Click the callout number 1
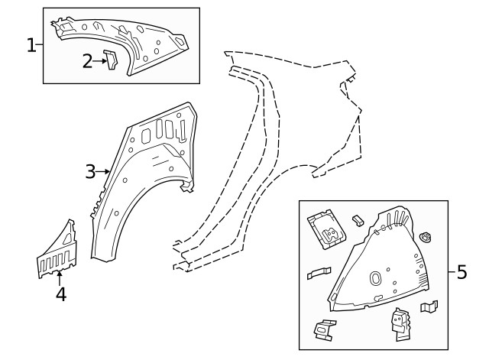click(31, 45)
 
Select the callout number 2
click(87, 61)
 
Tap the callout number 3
click(90, 171)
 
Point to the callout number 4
click(61, 294)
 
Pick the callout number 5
click(461, 272)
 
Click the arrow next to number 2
click(100, 61)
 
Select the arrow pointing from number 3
click(102, 171)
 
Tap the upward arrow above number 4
click(60, 278)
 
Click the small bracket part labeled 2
click(111, 60)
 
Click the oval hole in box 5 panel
click(375, 277)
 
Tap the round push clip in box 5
click(426, 238)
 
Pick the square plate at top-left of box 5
click(326, 229)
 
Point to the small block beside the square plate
click(358, 220)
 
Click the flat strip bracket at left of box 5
click(319, 273)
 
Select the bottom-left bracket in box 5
click(325, 329)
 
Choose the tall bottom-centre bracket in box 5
click(402, 324)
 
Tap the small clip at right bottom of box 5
click(429, 306)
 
